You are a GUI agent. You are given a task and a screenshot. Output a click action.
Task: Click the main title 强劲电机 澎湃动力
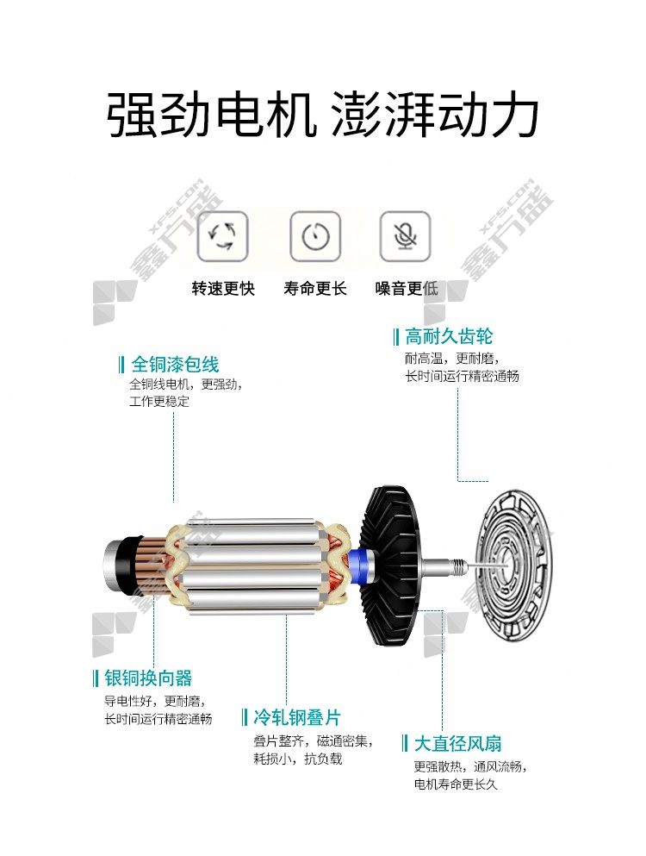point(322,115)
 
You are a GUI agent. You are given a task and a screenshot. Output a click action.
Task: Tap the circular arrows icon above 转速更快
point(222,236)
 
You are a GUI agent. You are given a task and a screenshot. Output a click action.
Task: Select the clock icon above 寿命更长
point(315,236)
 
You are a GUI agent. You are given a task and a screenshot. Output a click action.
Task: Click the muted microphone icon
point(406,236)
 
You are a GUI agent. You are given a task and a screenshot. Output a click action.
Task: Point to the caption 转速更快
point(223,288)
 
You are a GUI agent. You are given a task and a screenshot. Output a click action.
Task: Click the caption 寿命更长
point(315,288)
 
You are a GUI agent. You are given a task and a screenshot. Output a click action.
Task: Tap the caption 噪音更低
point(407,288)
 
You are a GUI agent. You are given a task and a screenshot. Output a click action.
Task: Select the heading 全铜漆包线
point(175,364)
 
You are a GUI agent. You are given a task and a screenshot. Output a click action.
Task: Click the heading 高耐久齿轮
point(449,336)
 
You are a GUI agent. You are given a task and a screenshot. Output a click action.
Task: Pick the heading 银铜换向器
point(148,678)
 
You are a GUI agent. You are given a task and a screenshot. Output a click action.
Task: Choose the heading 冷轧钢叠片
point(297,717)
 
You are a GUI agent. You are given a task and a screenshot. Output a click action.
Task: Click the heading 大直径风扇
point(457,743)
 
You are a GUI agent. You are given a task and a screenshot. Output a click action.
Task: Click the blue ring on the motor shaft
point(364,566)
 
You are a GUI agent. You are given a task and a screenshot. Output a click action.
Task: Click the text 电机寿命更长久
point(456,784)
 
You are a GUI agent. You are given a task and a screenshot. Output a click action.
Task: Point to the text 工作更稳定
point(159,401)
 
